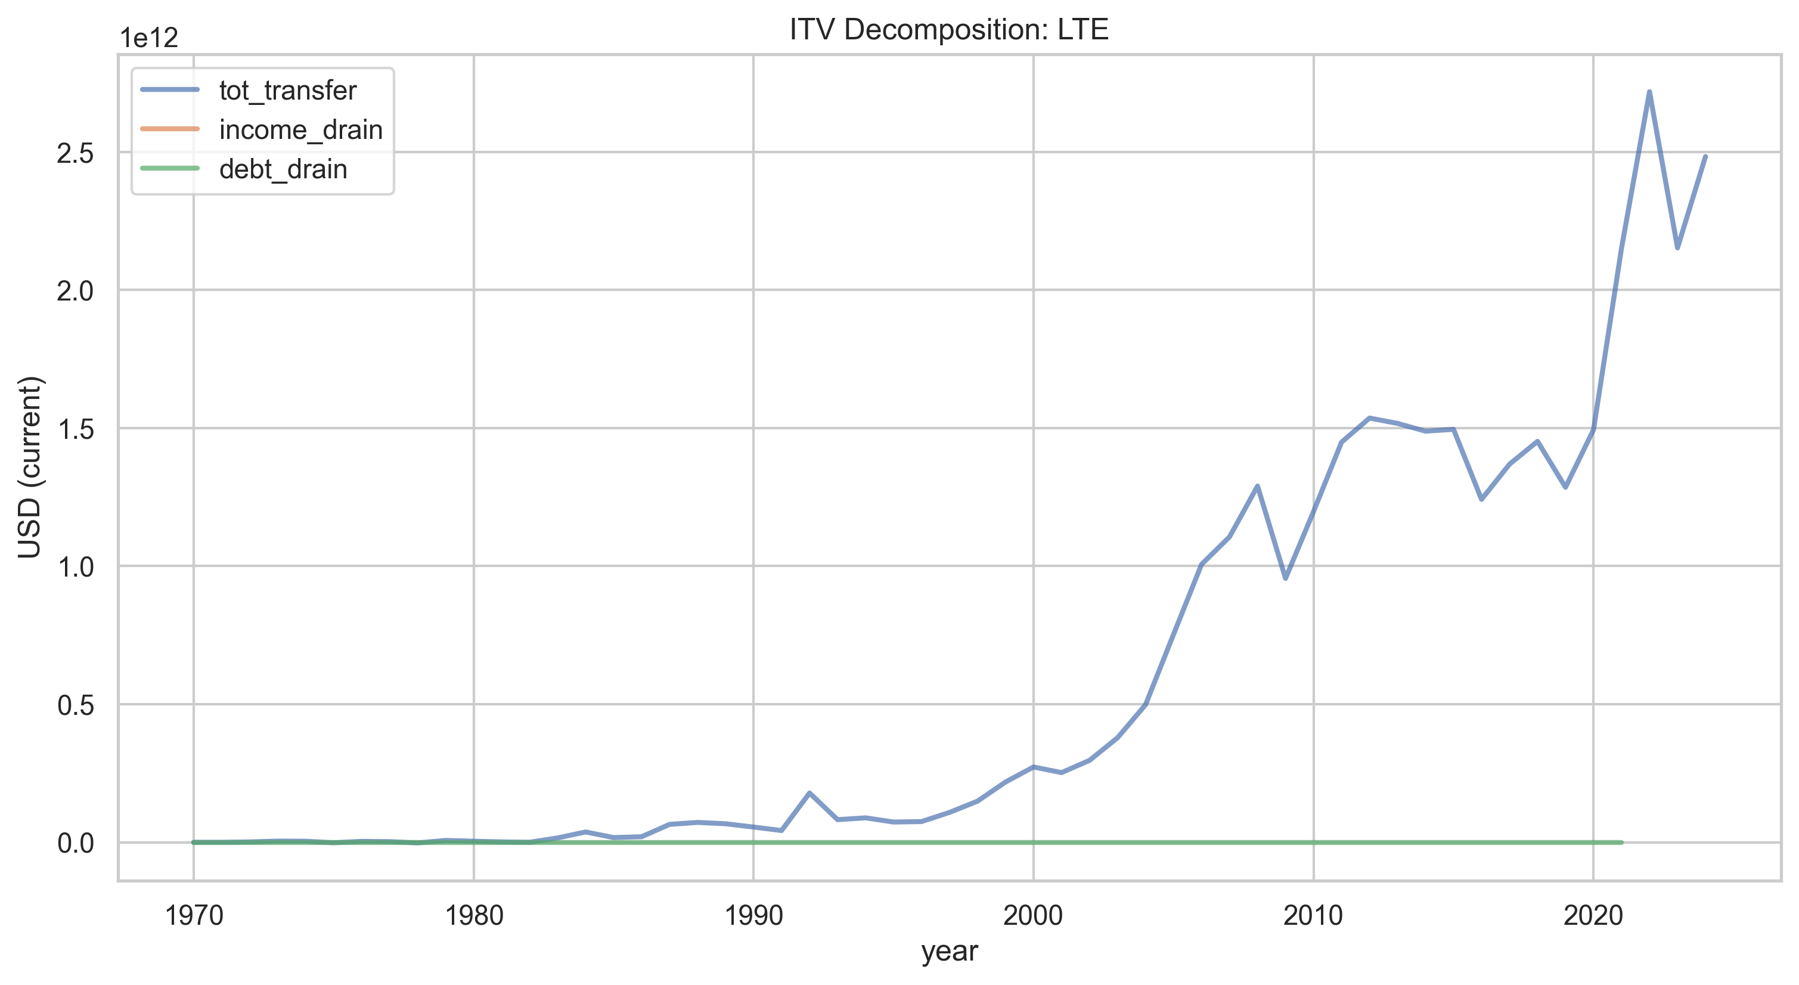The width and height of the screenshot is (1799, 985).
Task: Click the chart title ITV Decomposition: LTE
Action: [x=949, y=29]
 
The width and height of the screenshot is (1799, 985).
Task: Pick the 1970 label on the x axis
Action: [x=194, y=915]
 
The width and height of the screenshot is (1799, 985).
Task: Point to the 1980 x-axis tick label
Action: [x=474, y=915]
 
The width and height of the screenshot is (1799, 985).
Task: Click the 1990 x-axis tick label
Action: [x=753, y=915]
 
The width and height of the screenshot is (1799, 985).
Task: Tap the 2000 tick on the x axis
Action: [x=1034, y=915]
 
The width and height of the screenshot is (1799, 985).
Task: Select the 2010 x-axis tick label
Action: [x=1314, y=915]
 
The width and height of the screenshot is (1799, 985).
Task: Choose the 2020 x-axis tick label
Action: [x=1593, y=915]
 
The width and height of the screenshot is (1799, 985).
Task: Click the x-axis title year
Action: [x=950, y=952]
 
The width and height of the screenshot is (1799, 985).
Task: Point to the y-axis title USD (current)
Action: [x=30, y=467]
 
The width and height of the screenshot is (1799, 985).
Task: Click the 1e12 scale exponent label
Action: [x=150, y=38]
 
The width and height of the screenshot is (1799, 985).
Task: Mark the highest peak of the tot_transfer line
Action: [x=1649, y=91]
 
